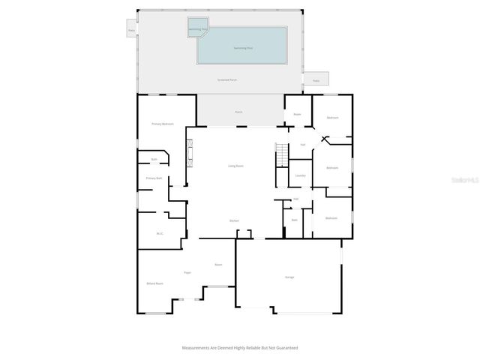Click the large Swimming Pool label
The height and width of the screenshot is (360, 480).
click(241, 47)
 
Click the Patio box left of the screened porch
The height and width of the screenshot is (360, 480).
click(131, 31)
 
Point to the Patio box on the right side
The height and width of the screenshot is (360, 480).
click(316, 79)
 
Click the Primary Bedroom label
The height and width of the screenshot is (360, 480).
click(163, 124)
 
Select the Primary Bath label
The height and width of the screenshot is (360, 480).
click(154, 178)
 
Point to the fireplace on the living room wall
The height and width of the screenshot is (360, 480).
click(190, 157)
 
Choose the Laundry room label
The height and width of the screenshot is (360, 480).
click(300, 175)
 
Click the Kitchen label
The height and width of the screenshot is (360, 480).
click(234, 220)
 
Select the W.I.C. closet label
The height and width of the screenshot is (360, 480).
click(160, 233)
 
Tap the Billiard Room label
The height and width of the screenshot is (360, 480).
click(155, 283)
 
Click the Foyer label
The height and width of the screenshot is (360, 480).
click(187, 272)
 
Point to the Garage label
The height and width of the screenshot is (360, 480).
click(289, 277)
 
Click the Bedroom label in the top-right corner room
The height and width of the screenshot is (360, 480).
click(331, 118)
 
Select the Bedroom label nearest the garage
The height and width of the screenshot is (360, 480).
click(331, 218)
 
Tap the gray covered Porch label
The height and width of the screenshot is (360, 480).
click(238, 112)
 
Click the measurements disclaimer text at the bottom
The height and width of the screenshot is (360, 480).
click(240, 348)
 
